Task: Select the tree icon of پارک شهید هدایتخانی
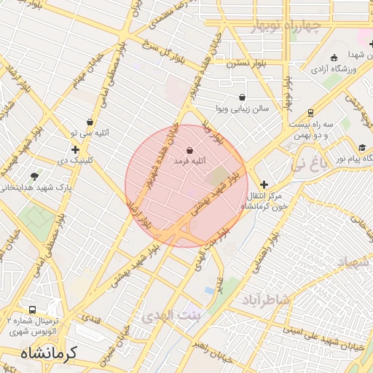click(34, 176)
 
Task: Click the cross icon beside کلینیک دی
click(75, 149)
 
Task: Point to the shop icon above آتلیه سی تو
click(90, 122)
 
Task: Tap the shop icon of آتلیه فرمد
click(189, 150)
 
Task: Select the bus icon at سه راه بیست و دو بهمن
click(310, 113)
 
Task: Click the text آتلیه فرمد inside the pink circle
click(192, 160)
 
